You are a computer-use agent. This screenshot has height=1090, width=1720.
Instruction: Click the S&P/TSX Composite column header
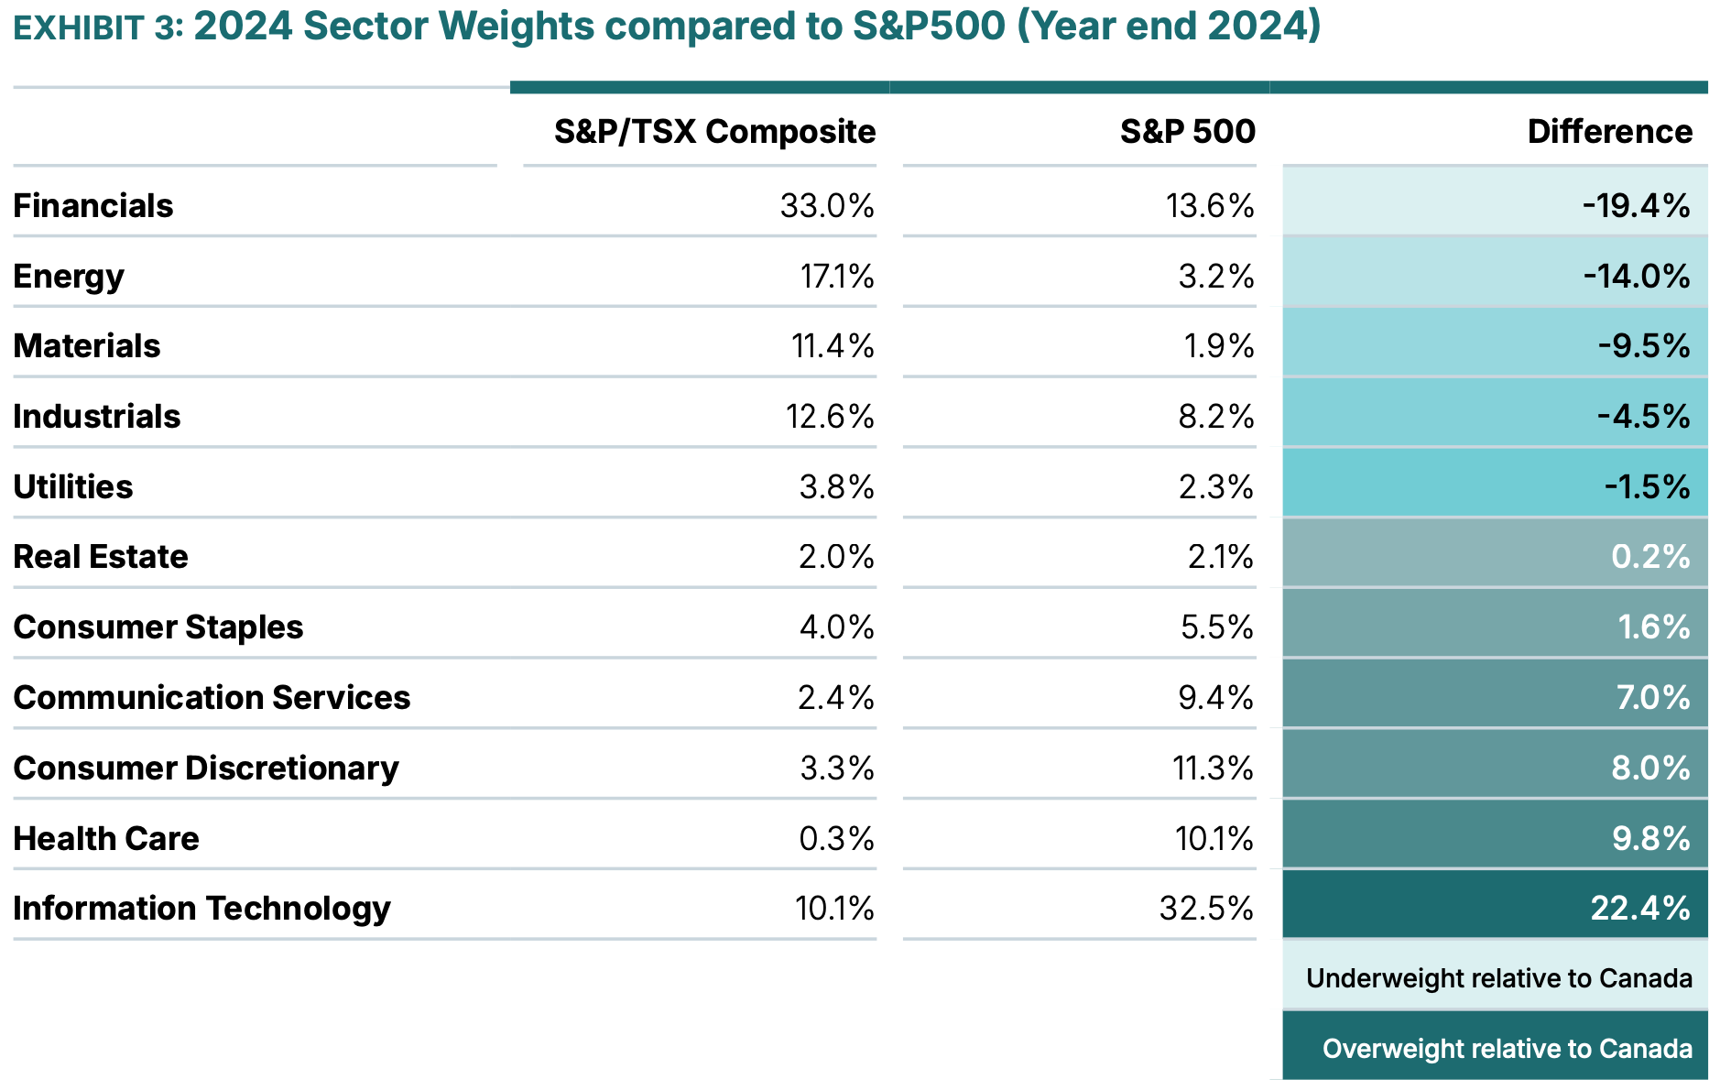tap(714, 132)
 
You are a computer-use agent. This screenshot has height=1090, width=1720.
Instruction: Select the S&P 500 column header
tap(1187, 132)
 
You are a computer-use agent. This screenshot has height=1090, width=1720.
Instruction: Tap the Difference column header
tap(1609, 132)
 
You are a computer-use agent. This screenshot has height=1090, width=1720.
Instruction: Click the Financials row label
tap(93, 206)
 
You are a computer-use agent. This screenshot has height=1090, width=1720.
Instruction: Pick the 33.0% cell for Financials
tap(827, 206)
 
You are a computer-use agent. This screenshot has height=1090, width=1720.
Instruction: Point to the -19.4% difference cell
tap(1636, 206)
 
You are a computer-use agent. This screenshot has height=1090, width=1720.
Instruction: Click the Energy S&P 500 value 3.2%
tap(1215, 277)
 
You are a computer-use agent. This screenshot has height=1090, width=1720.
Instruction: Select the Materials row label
tap(87, 346)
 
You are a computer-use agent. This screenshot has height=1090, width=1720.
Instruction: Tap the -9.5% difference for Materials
tap(1643, 346)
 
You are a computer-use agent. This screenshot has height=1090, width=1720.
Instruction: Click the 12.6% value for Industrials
tap(829, 417)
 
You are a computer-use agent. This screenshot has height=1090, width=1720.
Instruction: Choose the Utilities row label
tap(73, 487)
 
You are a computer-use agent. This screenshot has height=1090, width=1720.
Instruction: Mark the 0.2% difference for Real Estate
tap(1649, 557)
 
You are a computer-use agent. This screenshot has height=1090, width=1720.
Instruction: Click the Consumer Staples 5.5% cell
tap(1216, 627)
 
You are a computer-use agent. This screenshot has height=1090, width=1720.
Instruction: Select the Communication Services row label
tap(212, 698)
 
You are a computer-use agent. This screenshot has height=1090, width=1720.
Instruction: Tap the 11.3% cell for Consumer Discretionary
tap(1212, 768)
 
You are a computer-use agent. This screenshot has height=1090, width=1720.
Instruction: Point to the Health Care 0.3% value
tap(835, 838)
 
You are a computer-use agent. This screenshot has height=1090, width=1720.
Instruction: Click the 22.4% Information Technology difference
tap(1639, 909)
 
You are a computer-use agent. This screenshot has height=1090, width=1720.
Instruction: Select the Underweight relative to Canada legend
tap(1498, 978)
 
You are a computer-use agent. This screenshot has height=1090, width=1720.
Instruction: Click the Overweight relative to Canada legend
tap(1507, 1049)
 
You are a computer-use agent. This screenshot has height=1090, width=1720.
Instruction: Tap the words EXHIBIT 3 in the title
tap(98, 27)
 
